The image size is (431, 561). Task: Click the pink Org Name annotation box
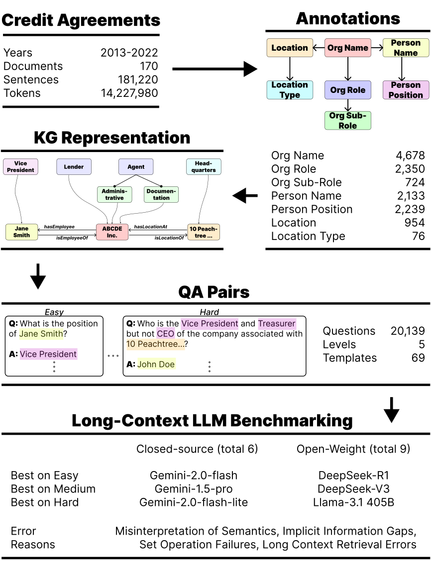(x=348, y=48)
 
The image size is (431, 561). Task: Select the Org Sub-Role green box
(x=348, y=121)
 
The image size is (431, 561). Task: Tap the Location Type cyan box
(x=290, y=90)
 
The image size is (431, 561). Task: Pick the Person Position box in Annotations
(x=406, y=90)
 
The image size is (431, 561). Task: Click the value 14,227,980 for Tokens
(x=129, y=93)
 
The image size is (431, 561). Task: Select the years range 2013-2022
(x=129, y=53)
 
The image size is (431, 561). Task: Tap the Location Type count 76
(x=418, y=236)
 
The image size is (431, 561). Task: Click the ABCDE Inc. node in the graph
(x=112, y=232)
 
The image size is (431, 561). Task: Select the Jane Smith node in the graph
(x=21, y=232)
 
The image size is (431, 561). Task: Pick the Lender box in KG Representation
(x=74, y=167)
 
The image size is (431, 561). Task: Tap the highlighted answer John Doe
(x=157, y=364)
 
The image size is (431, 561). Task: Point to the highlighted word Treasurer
(x=277, y=323)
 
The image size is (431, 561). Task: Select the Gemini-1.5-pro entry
(x=194, y=489)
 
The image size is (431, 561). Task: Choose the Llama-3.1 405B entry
(x=353, y=502)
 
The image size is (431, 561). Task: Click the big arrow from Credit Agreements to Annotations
(x=215, y=69)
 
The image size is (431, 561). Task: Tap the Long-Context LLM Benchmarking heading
(x=212, y=420)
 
